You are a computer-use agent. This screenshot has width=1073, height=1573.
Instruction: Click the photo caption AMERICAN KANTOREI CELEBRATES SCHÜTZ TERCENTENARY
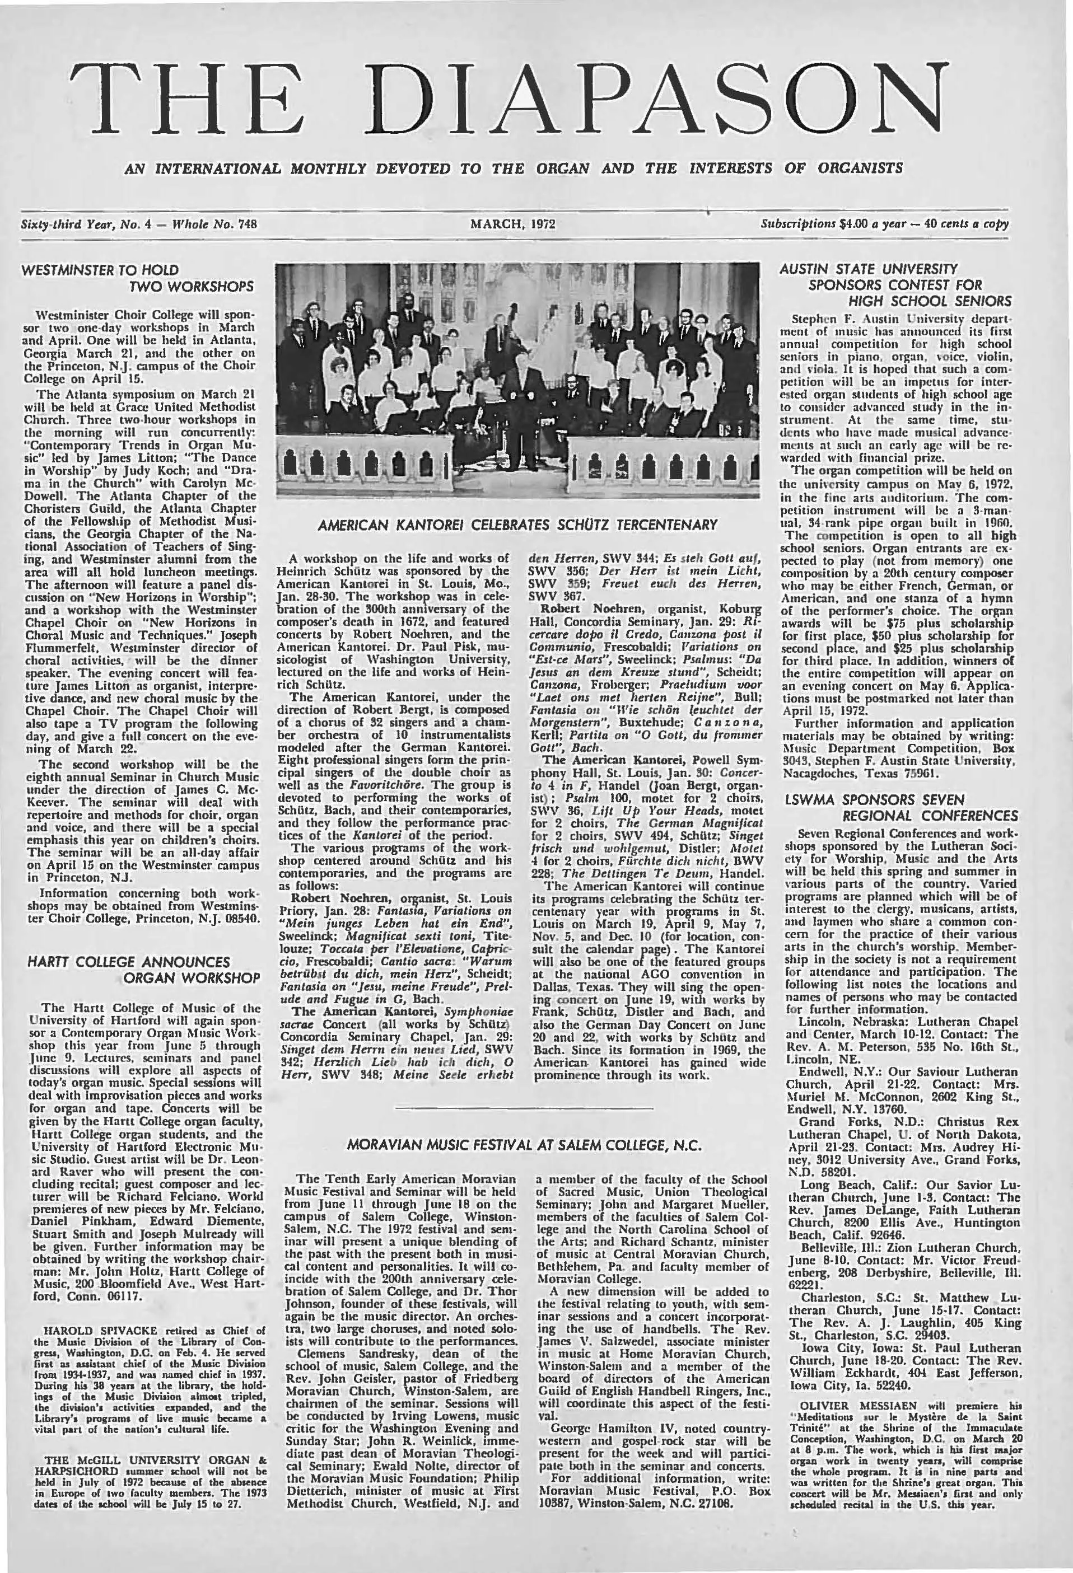click(x=517, y=525)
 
